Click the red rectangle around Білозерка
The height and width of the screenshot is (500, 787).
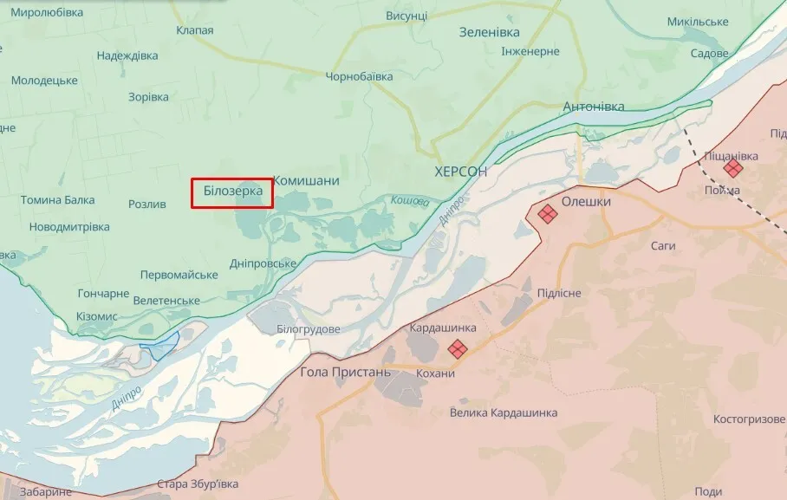(x=231, y=192)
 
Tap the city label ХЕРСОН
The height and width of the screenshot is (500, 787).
(x=461, y=172)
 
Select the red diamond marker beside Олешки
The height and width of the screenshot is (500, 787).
(x=547, y=213)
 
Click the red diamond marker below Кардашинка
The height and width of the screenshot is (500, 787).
(x=458, y=348)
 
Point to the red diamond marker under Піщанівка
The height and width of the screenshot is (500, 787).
(x=733, y=167)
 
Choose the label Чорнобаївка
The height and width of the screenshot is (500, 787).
(x=359, y=76)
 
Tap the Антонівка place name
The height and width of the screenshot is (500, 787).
(x=594, y=107)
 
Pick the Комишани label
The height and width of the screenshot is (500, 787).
(x=306, y=180)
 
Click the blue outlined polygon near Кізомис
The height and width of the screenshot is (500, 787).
(x=159, y=346)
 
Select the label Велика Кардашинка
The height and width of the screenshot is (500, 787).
(x=504, y=412)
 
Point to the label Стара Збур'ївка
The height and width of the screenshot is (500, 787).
(x=197, y=484)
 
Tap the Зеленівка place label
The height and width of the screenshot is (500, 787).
(x=489, y=32)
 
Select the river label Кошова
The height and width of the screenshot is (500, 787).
(x=410, y=200)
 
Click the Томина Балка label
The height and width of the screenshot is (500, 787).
(x=58, y=200)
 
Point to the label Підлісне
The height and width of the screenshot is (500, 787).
(x=559, y=293)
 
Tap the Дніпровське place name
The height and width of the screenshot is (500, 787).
(x=263, y=263)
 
